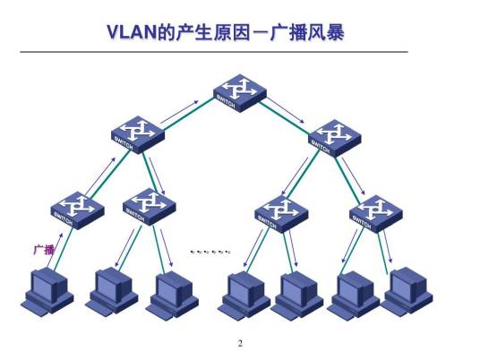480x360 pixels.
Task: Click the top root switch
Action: [239, 91]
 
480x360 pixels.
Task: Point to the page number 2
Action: [240, 343]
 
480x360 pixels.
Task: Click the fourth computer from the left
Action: [244, 293]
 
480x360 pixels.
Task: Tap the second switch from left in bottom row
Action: [149, 208]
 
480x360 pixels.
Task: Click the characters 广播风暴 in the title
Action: [304, 33]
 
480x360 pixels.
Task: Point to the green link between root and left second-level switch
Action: [186, 113]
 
